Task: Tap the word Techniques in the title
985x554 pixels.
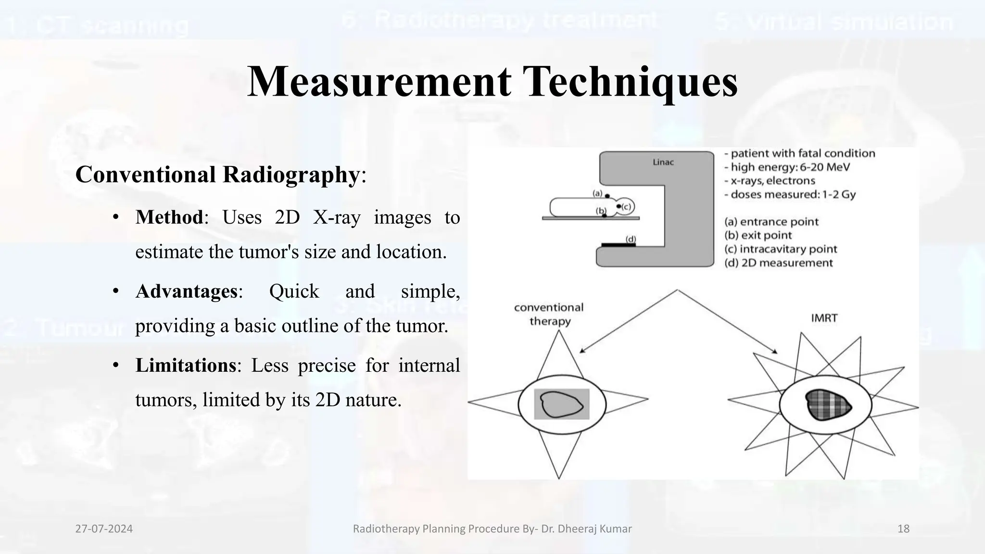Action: point(630,81)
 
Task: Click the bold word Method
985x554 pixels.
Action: point(169,217)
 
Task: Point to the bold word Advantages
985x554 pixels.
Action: point(187,291)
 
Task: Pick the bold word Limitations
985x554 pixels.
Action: point(186,365)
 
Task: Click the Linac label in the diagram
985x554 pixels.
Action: point(663,163)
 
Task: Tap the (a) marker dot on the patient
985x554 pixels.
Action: point(607,196)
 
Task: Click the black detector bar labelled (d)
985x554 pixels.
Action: point(619,245)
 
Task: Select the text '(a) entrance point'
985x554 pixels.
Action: point(771,222)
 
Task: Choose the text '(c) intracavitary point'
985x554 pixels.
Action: point(781,249)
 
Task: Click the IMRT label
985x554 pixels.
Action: point(824,318)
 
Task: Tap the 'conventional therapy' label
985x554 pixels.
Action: point(549,314)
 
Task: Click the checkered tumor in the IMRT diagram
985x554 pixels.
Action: point(828,404)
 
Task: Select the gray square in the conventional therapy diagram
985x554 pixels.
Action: point(561,404)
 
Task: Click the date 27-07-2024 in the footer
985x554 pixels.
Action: point(104,529)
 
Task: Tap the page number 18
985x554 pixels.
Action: point(903,529)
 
